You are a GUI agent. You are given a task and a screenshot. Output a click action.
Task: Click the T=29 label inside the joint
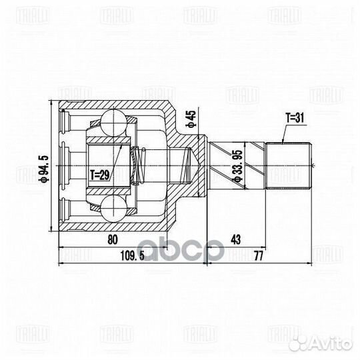100,175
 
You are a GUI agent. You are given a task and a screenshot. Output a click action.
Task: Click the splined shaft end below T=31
290,165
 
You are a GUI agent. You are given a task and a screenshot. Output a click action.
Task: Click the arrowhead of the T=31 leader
282,142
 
